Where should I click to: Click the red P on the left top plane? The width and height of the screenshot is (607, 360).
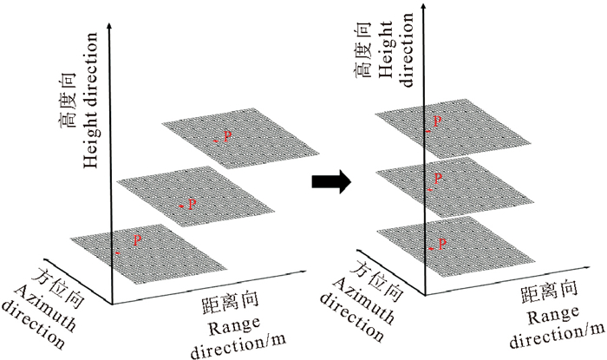point(228,135)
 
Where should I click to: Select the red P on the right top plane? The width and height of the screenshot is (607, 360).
point(439,121)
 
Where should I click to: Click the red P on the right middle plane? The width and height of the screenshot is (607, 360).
point(439,178)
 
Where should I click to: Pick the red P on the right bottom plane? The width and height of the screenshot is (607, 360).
point(442,245)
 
